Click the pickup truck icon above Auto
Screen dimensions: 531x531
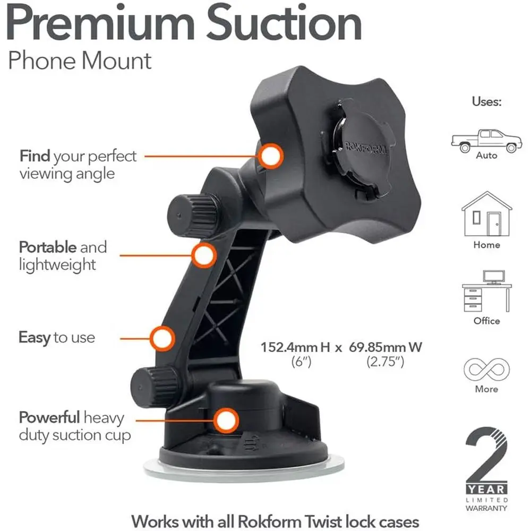click(486, 141)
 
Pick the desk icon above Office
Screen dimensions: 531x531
click(486, 291)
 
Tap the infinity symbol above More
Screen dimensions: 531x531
click(486, 370)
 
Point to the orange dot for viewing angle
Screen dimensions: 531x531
click(271, 156)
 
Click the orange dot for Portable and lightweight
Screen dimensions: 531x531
click(204, 255)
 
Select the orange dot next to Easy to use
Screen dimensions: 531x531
click(162, 338)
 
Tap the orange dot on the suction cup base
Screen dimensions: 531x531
click(226, 421)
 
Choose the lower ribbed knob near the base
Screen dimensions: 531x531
click(155, 387)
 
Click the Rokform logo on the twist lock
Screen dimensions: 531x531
click(366, 148)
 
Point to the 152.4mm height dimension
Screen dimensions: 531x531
click(295, 347)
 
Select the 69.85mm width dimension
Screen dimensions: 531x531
click(386, 347)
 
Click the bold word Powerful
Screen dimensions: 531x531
click(49, 417)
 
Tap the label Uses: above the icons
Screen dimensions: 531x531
click(486, 101)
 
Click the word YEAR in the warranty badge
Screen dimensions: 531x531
click(486, 490)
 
